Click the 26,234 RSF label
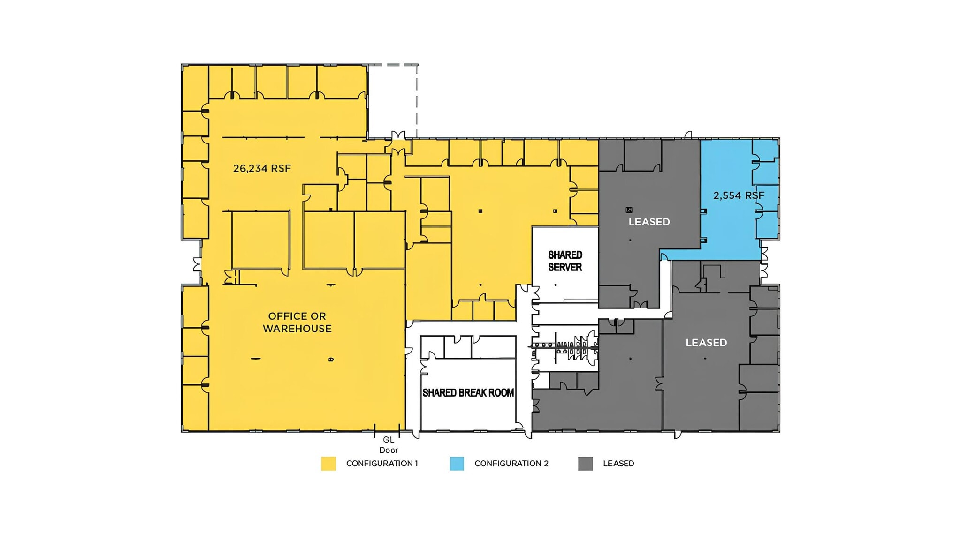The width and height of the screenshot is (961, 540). pyautogui.click(x=262, y=168)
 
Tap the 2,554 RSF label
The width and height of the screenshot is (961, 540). pyautogui.click(x=739, y=195)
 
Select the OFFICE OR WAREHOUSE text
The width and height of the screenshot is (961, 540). pyautogui.click(x=297, y=322)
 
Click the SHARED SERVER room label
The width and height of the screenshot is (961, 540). pyautogui.click(x=565, y=261)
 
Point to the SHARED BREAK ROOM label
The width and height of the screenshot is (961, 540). pyautogui.click(x=468, y=393)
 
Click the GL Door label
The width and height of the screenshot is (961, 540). pyautogui.click(x=389, y=445)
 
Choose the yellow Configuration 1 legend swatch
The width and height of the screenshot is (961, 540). pyautogui.click(x=328, y=464)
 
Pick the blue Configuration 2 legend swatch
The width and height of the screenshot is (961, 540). pyautogui.click(x=457, y=464)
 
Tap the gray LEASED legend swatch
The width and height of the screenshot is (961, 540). pyautogui.click(x=585, y=464)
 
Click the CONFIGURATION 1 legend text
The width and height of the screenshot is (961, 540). pyautogui.click(x=382, y=464)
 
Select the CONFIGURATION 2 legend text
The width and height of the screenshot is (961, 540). pyautogui.click(x=511, y=464)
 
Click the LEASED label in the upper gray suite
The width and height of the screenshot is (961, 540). pyautogui.click(x=649, y=222)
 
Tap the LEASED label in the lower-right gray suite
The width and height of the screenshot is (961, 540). pyautogui.click(x=706, y=343)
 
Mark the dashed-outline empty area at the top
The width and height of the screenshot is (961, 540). pyautogui.click(x=393, y=101)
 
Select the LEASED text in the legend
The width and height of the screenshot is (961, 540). pyautogui.click(x=618, y=464)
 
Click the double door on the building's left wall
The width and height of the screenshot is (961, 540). pyautogui.click(x=197, y=264)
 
